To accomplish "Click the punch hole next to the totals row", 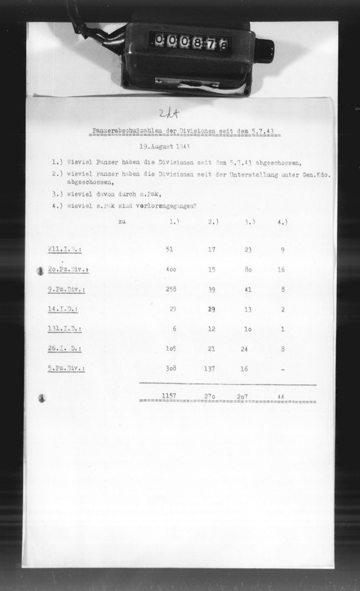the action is click(x=41, y=397).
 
